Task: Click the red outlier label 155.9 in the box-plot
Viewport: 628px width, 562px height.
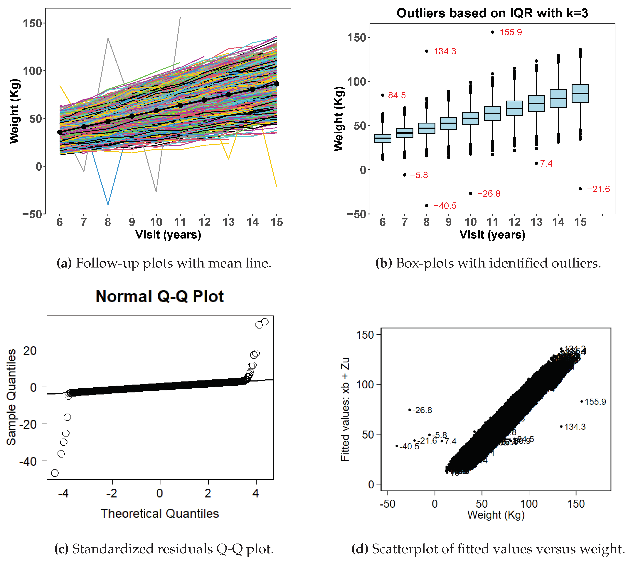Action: click(x=510, y=32)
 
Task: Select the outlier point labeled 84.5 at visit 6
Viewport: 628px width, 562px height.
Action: click(x=383, y=95)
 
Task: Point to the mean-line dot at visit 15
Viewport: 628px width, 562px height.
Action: click(x=277, y=84)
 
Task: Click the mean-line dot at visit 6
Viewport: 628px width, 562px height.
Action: click(x=60, y=132)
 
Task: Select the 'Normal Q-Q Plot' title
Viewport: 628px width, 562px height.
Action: click(x=160, y=297)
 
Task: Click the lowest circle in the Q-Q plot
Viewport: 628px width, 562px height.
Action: click(x=55, y=473)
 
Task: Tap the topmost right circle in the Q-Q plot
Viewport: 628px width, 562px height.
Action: click(x=265, y=322)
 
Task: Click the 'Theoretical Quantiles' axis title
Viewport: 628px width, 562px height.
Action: click(x=160, y=514)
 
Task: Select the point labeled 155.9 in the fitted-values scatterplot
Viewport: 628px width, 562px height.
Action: click(x=582, y=401)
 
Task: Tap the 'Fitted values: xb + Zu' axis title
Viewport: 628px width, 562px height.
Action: click(x=345, y=409)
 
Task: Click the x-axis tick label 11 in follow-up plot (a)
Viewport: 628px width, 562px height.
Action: click(x=180, y=222)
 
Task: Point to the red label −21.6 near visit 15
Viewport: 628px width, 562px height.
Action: click(x=598, y=189)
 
